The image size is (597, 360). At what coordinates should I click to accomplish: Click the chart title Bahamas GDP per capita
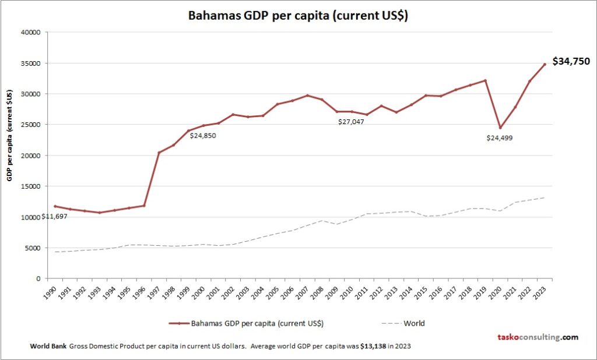(x=298, y=16)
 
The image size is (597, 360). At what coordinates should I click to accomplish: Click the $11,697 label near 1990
(x=54, y=216)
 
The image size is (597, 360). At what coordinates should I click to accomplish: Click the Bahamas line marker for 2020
(x=500, y=128)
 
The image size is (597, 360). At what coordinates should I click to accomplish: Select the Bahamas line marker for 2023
(x=545, y=65)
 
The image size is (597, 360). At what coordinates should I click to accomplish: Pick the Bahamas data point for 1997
(x=159, y=153)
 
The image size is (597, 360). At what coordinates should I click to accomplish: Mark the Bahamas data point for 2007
(x=308, y=96)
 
